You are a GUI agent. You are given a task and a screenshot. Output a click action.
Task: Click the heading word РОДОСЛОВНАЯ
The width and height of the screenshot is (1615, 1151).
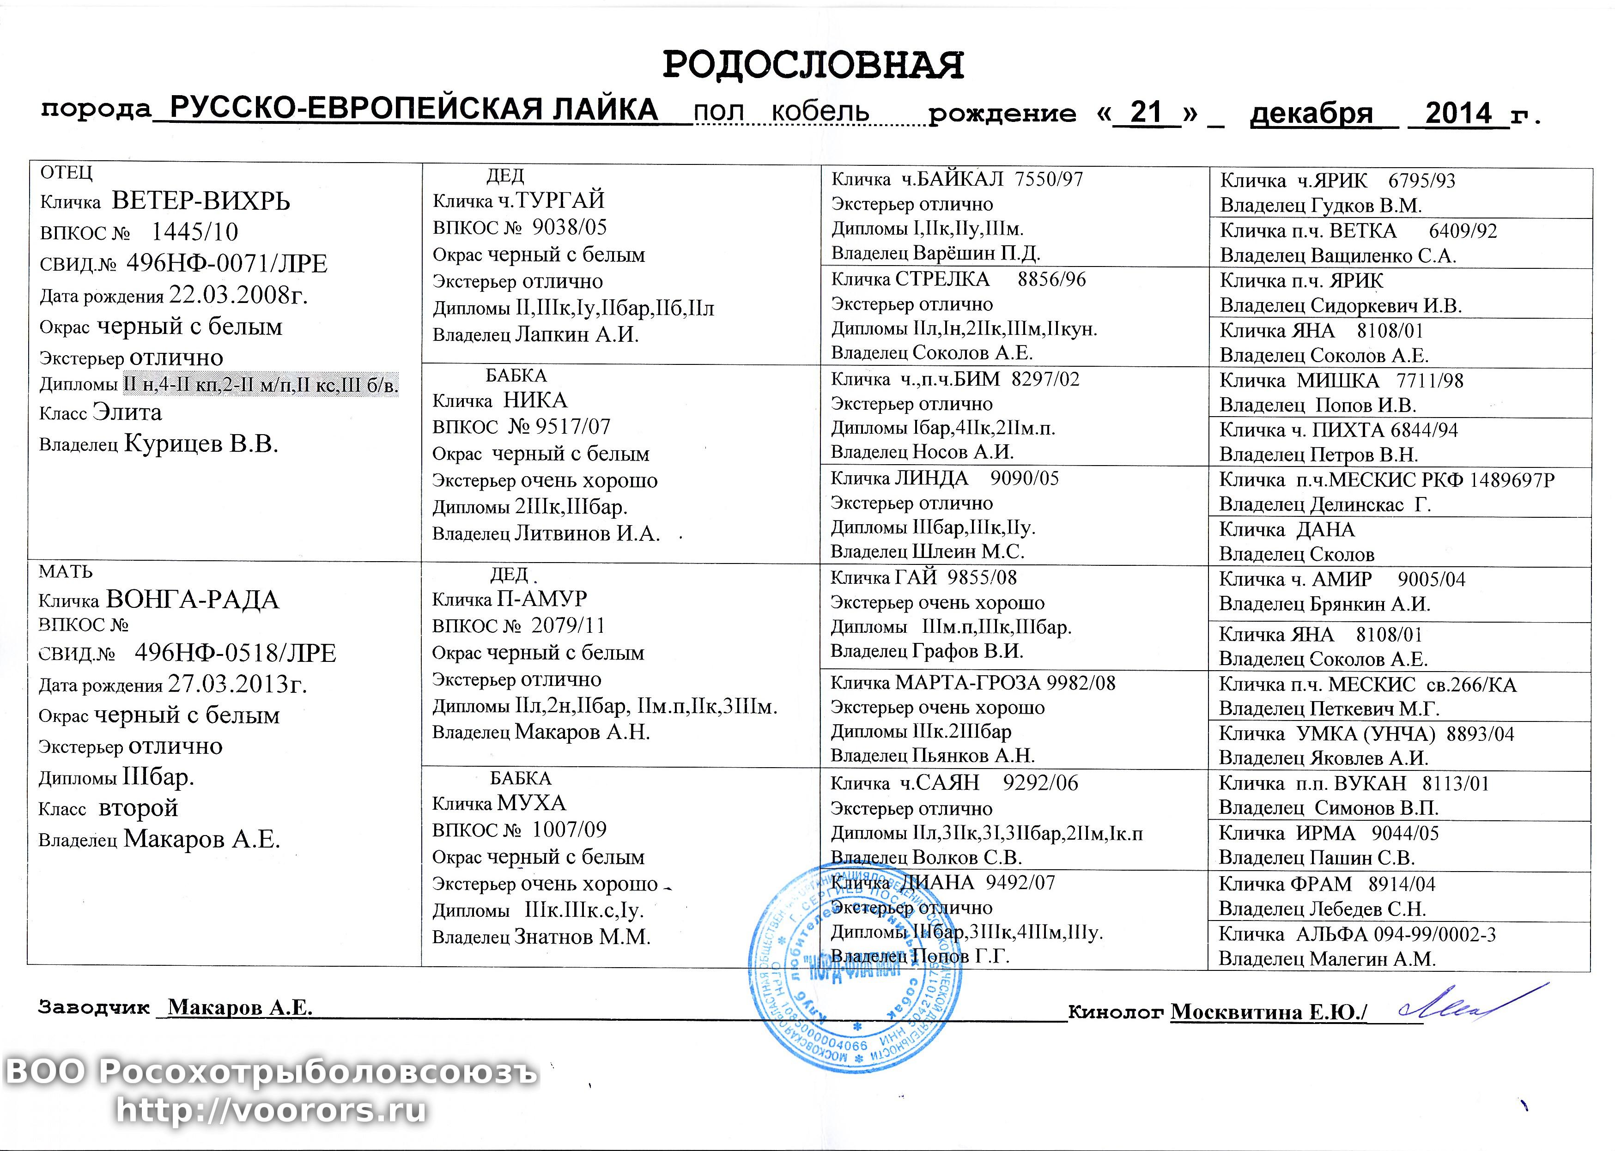coord(813,66)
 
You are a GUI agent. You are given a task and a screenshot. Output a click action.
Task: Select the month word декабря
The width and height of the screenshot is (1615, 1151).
coord(1311,114)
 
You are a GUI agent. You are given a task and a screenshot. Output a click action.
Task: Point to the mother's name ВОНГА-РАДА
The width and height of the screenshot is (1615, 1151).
coord(192,600)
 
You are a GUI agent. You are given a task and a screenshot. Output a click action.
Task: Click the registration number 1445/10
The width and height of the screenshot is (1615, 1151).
coord(195,232)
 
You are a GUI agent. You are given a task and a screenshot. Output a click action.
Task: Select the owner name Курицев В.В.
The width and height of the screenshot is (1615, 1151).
coord(200,444)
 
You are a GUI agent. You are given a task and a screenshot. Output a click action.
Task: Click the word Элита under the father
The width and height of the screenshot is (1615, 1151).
coord(127,412)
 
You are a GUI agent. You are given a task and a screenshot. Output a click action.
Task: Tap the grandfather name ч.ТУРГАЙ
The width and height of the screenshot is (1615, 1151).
coord(551,200)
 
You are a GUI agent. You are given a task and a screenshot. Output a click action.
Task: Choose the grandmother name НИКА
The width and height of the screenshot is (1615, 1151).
coord(535,400)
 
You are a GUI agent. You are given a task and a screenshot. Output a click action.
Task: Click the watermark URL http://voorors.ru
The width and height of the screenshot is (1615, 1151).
coord(272,1110)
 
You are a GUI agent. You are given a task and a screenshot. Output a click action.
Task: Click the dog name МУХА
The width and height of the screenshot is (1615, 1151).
coord(532,803)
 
